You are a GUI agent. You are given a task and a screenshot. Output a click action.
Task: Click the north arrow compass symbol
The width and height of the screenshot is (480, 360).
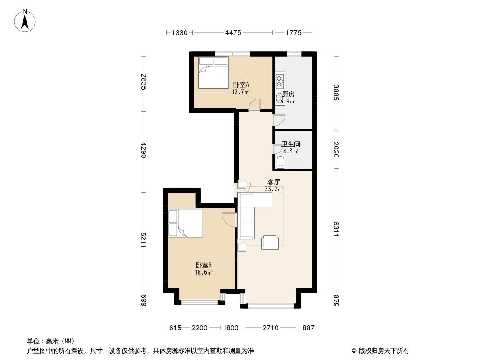[26, 20]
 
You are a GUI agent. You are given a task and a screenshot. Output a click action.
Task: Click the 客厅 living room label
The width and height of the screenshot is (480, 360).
[274, 182]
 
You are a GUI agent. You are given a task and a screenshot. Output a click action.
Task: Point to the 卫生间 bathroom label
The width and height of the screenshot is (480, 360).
[291, 144]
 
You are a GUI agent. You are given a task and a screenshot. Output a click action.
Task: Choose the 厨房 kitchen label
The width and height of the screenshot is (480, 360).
[288, 94]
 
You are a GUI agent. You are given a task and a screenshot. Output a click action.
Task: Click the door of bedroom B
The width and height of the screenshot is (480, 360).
[229, 219]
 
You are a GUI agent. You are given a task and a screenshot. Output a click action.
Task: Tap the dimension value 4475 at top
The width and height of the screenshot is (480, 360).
[233, 32]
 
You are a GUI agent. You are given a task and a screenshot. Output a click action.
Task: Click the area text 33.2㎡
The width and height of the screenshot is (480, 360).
[274, 189]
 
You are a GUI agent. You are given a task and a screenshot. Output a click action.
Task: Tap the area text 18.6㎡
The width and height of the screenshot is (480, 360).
[204, 272]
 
